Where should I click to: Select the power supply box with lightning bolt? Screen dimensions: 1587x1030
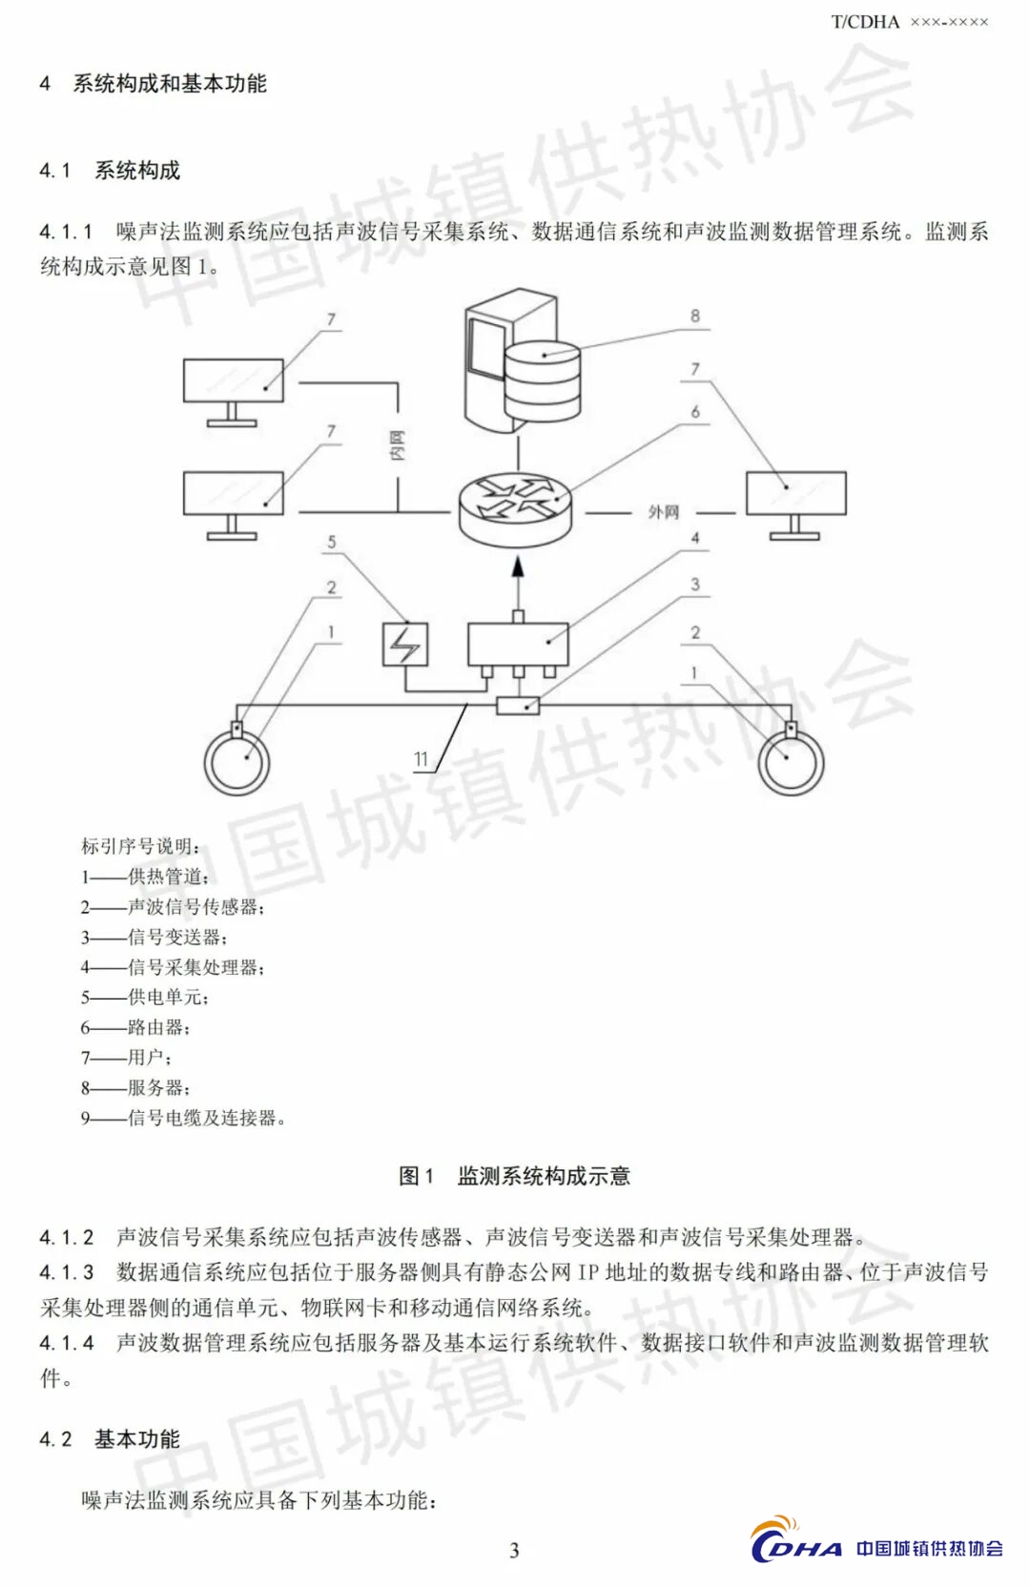tap(405, 644)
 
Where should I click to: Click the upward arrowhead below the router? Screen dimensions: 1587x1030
tap(518, 567)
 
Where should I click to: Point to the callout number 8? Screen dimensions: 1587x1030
tap(695, 316)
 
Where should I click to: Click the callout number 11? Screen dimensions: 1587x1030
tap(422, 759)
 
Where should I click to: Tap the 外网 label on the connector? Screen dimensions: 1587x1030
tap(664, 512)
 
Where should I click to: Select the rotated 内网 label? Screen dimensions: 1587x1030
tap(398, 444)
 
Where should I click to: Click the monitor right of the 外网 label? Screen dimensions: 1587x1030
tap(795, 495)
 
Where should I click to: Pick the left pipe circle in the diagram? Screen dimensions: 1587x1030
tap(237, 763)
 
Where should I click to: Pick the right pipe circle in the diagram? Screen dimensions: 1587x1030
tap(791, 763)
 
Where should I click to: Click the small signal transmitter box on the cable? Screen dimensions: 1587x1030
tap(518, 706)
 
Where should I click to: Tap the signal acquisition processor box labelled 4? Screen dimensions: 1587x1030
tap(518, 644)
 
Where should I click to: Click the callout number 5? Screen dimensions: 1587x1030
tap(332, 542)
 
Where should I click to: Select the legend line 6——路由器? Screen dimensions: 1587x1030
tap(135, 1027)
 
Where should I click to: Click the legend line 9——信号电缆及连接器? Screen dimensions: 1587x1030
tap(183, 1117)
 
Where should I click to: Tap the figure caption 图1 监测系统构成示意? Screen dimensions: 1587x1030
tap(514, 1176)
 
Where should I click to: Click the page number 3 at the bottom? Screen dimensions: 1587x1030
tap(515, 1550)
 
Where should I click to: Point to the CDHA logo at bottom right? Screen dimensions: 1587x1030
tap(876, 1546)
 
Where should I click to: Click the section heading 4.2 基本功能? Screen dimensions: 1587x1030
tap(110, 1439)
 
